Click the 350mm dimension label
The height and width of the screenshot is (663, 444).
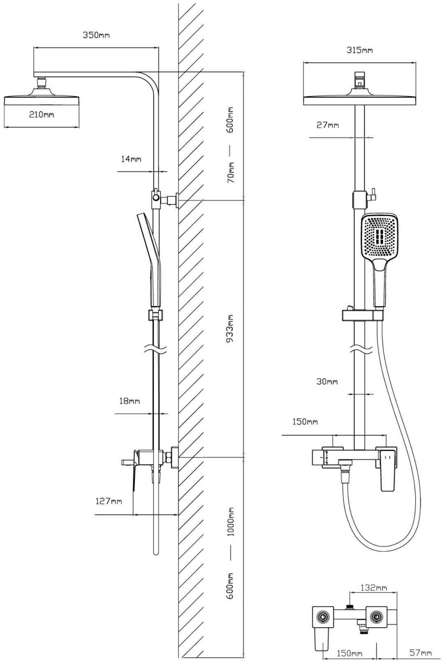(97, 35)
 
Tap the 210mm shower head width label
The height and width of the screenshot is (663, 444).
(42, 115)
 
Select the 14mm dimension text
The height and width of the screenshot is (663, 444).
(131, 159)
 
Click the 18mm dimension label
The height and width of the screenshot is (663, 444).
(129, 401)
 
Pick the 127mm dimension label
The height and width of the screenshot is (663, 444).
(109, 501)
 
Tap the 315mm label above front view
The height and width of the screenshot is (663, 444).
(359, 51)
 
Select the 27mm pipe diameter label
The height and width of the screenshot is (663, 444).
(328, 125)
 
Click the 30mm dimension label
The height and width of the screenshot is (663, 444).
(327, 382)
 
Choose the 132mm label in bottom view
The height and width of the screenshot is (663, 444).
(374, 588)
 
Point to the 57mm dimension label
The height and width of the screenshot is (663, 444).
(421, 652)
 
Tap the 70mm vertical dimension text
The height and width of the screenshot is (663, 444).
(231, 173)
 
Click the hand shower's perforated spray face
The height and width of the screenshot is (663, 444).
(379, 237)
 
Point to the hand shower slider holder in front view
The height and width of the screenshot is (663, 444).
(362, 315)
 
